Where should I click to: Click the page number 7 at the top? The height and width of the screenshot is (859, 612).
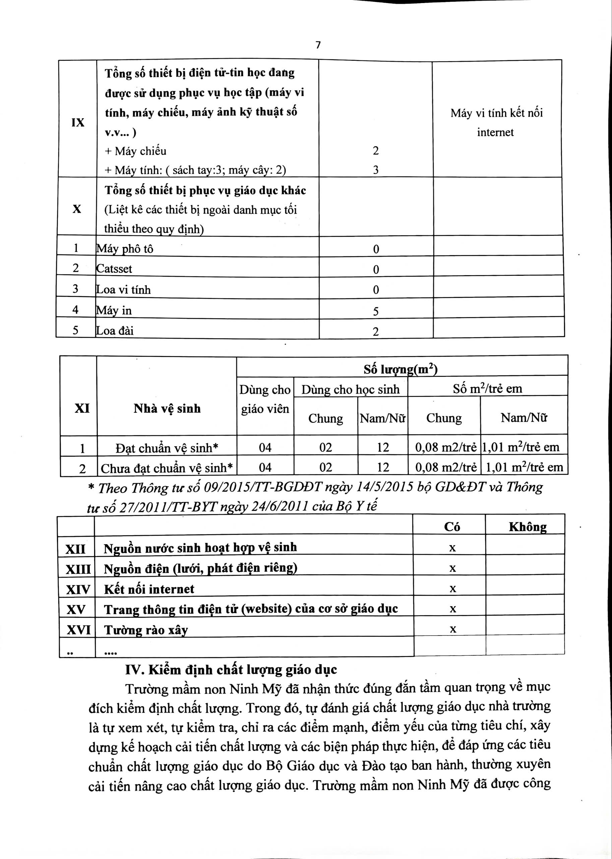[318, 45]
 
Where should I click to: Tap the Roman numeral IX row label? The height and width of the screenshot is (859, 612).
[78, 122]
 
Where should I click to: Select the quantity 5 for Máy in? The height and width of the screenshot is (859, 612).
[376, 311]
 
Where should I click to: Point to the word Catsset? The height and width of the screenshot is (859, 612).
[114, 269]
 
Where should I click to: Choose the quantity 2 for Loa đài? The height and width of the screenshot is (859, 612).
[376, 332]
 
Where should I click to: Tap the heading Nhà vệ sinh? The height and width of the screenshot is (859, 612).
[167, 409]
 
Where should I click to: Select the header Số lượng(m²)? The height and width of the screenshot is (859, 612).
[400, 369]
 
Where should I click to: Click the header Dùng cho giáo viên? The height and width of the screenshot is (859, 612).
[265, 399]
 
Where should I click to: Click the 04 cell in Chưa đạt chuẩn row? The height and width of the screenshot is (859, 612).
[265, 468]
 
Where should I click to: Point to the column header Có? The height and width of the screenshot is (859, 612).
[452, 527]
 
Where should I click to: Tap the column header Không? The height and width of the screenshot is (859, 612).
[528, 527]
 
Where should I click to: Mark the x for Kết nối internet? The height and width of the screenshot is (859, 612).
[452, 589]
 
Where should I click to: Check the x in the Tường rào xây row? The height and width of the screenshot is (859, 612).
[452, 629]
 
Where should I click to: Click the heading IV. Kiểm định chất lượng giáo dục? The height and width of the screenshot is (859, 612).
[231, 670]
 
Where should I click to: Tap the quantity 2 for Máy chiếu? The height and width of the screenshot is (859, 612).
[376, 151]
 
